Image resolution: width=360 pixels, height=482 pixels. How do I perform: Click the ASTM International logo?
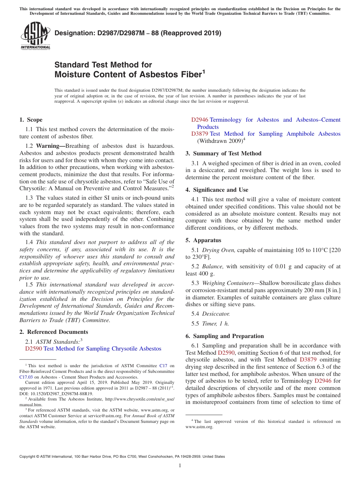(35, 35)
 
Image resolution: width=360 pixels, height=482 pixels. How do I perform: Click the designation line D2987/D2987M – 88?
(138, 33)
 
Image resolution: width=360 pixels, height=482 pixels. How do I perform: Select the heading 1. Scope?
(31, 120)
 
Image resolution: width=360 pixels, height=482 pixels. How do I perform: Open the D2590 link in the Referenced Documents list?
(33, 349)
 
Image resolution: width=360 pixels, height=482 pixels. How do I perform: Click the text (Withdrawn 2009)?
(220, 141)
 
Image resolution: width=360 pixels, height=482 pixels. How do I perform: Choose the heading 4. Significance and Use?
(217, 190)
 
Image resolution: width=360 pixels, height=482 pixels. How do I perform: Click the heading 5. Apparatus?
(203, 240)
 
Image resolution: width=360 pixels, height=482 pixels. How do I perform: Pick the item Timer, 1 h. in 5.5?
(215, 324)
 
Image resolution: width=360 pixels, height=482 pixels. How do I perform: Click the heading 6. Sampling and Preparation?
(224, 336)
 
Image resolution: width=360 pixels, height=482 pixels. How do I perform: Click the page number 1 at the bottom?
(180, 465)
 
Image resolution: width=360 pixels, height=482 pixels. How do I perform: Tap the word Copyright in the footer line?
(28, 457)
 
